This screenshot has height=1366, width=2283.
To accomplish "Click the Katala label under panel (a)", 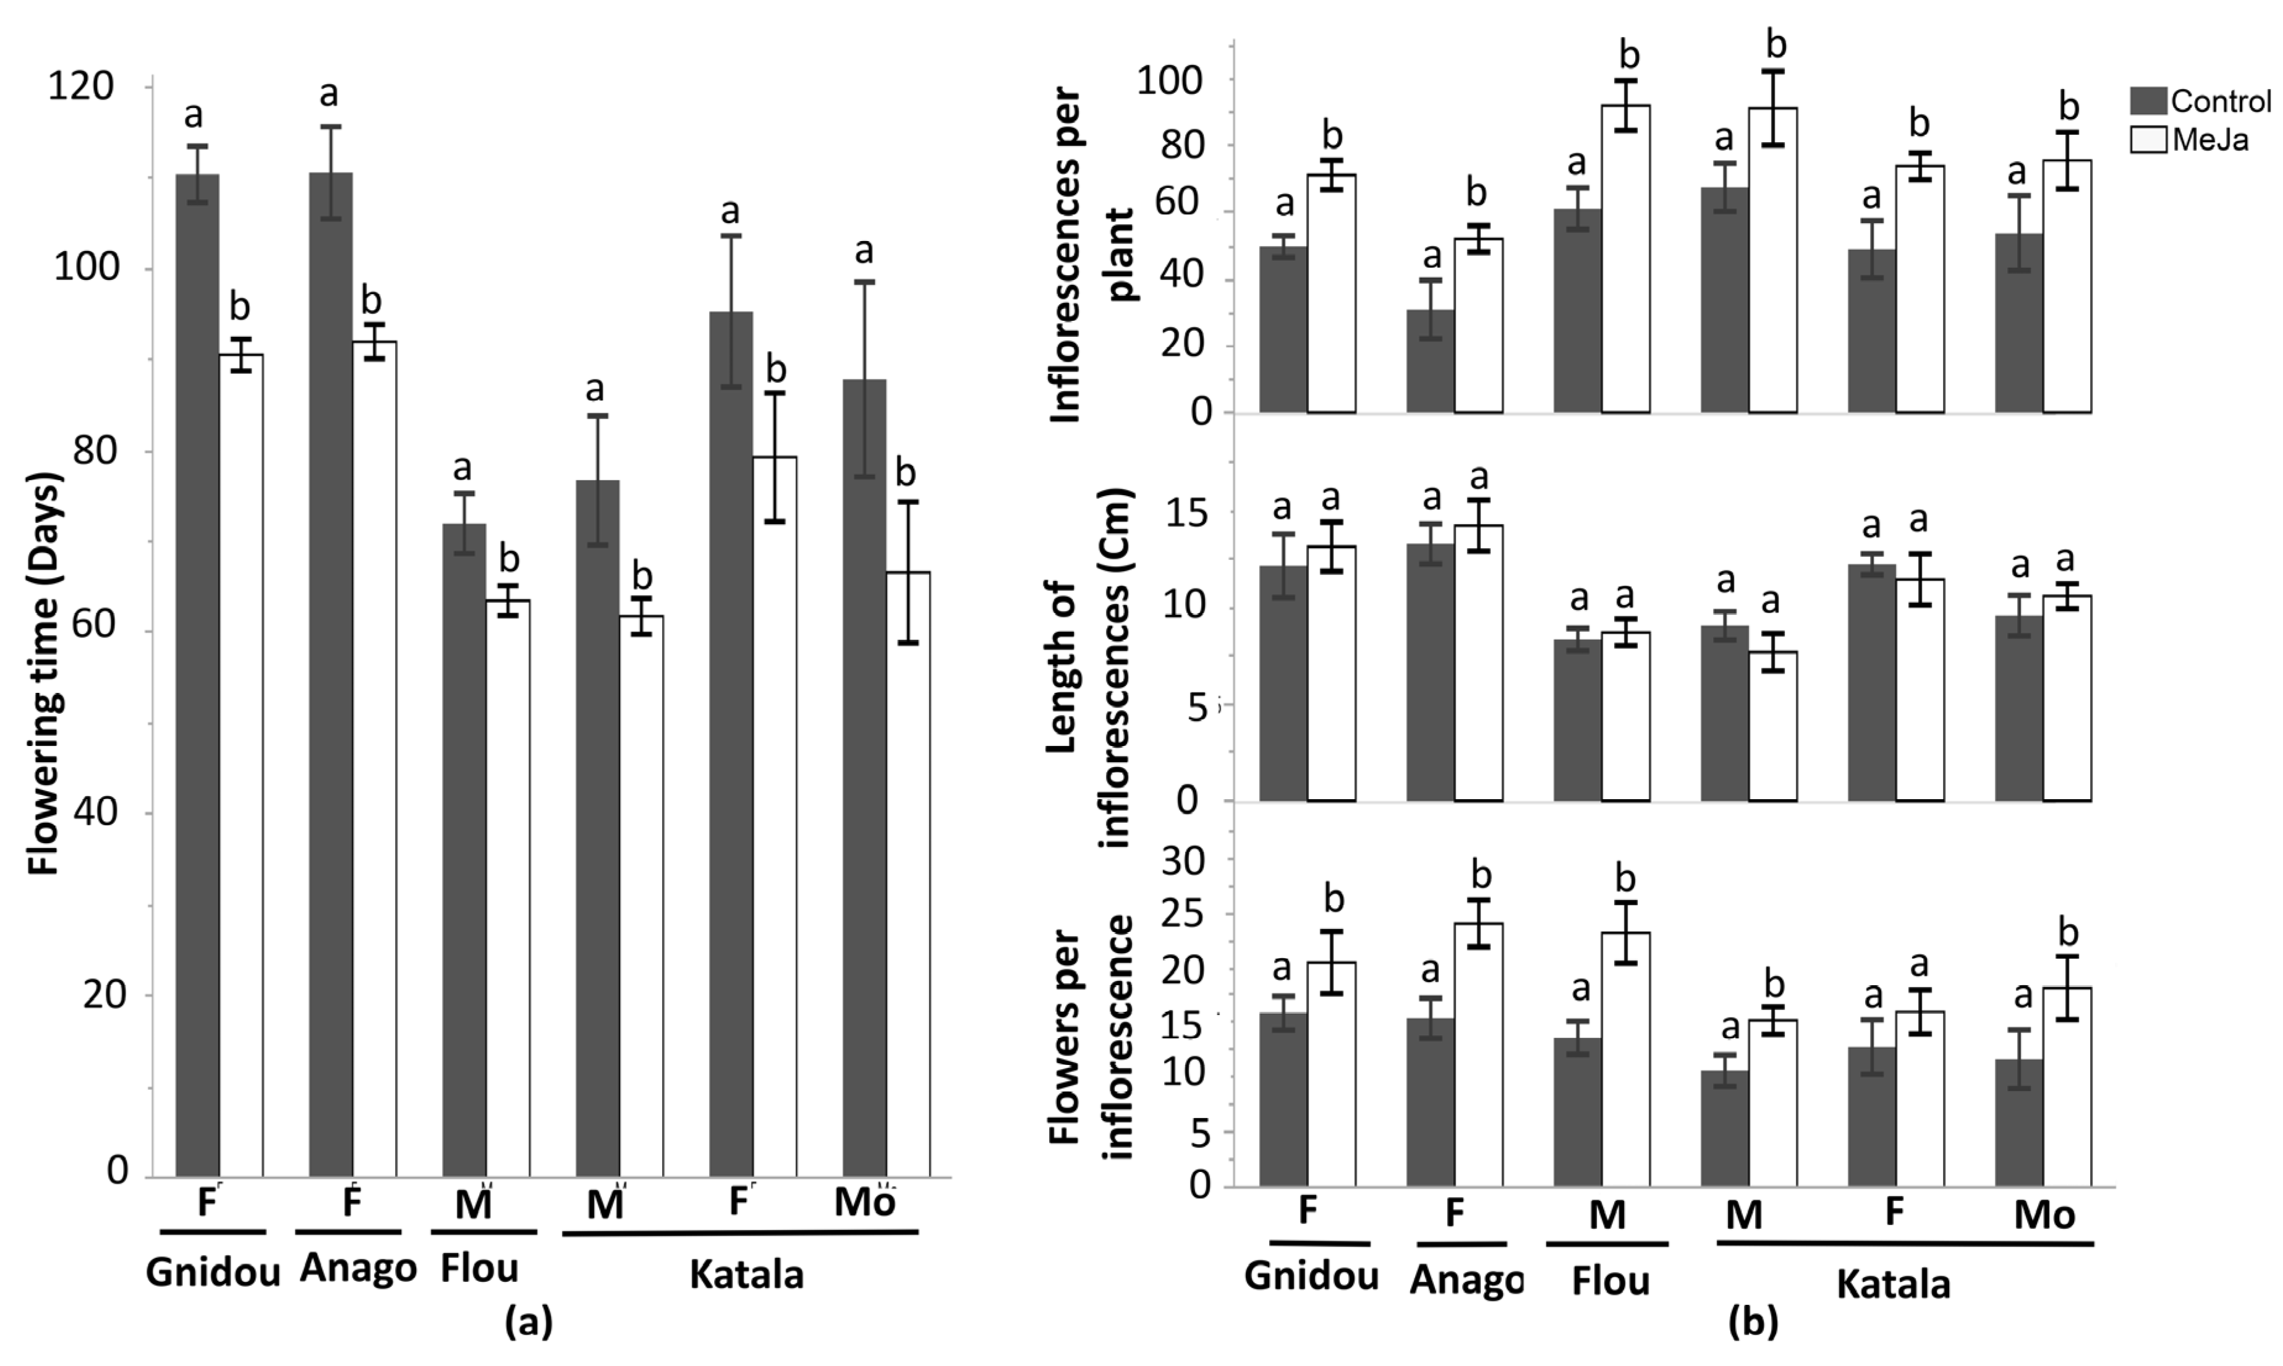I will coord(746,1275).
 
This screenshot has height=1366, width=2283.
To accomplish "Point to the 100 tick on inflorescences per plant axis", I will coord(1169,81).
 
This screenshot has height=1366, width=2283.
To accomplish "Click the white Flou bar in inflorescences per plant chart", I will coord(1626,258).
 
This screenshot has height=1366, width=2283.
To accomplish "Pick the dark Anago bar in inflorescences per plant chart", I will coord(1431,361).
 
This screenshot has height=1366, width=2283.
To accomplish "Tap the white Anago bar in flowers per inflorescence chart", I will coord(1479,1054).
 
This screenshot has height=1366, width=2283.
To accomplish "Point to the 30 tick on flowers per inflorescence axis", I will coord(1184,862).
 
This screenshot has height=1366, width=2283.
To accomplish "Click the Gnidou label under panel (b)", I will coord(1311,1276).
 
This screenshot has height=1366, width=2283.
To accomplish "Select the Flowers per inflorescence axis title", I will coord(1092,1035).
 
